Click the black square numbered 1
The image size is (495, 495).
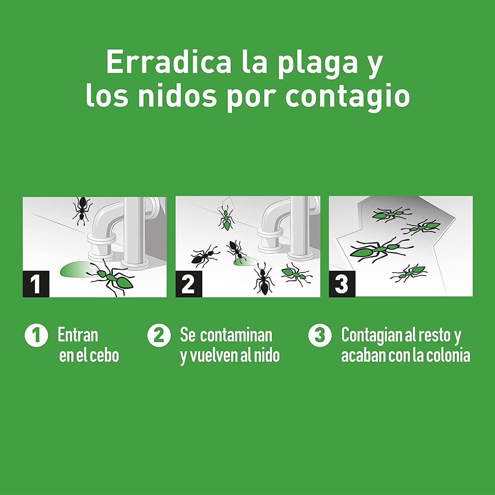(x=36, y=284)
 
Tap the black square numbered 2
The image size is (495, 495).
(x=189, y=284)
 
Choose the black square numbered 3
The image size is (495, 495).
(x=342, y=284)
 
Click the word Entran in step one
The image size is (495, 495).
(x=78, y=335)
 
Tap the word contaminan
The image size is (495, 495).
(x=236, y=335)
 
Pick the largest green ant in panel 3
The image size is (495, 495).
(x=380, y=249)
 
